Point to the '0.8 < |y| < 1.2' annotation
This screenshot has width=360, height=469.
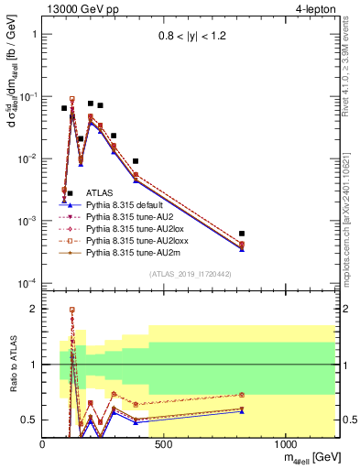[x=192, y=38]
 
